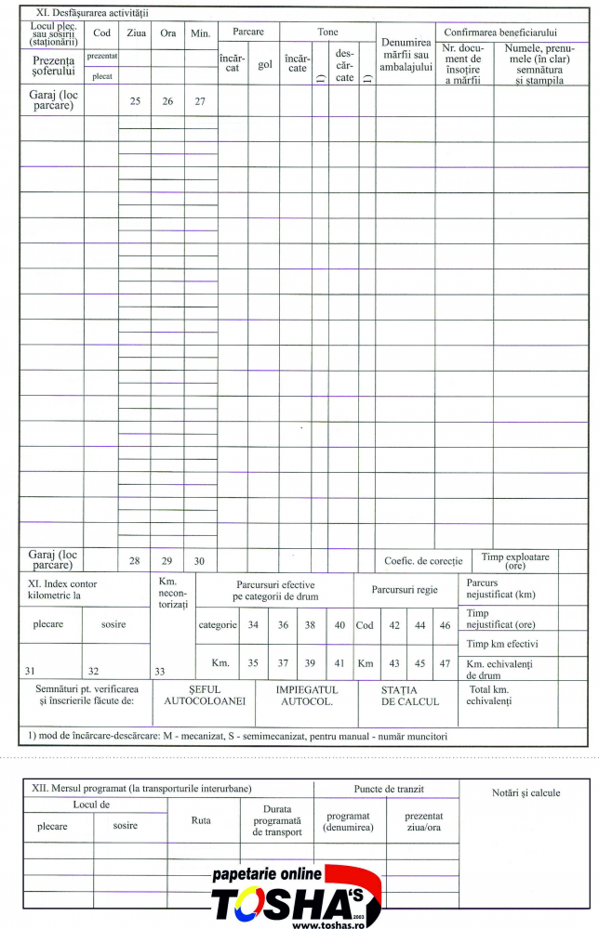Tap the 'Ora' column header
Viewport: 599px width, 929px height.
(x=167, y=33)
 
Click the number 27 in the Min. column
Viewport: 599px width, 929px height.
(x=200, y=100)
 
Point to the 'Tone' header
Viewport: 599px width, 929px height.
(x=327, y=32)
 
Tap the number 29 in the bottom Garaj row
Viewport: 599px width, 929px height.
(x=167, y=561)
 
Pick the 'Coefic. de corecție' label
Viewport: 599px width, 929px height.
(x=423, y=561)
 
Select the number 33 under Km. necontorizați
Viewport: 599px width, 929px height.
(x=160, y=671)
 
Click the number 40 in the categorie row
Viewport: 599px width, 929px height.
(x=339, y=625)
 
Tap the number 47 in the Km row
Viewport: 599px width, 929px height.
(x=445, y=662)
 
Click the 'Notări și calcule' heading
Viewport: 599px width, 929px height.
(x=526, y=792)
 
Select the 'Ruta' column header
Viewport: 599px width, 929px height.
(x=201, y=820)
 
